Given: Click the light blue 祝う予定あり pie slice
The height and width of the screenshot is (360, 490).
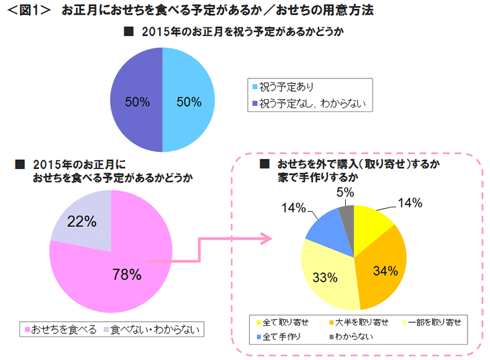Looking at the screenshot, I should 189,100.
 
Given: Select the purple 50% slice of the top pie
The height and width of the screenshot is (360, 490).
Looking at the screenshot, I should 136,100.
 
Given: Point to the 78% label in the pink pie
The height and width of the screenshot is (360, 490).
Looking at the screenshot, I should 127,275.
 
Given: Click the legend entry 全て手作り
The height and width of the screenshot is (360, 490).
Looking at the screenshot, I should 286,335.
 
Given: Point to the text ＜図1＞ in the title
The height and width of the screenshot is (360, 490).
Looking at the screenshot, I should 27,10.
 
